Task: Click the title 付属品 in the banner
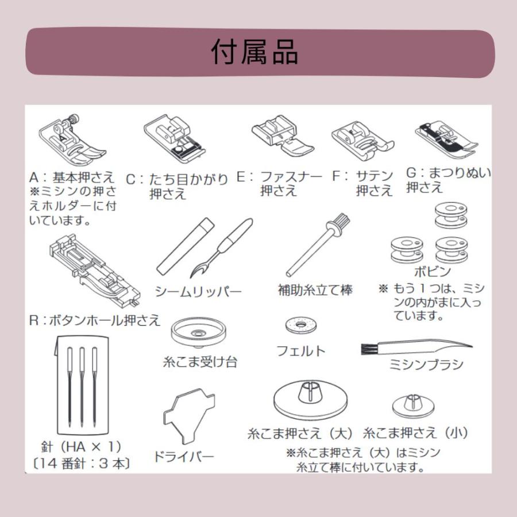click(x=254, y=52)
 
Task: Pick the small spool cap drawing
click(x=412, y=406)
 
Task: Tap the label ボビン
click(x=432, y=271)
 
